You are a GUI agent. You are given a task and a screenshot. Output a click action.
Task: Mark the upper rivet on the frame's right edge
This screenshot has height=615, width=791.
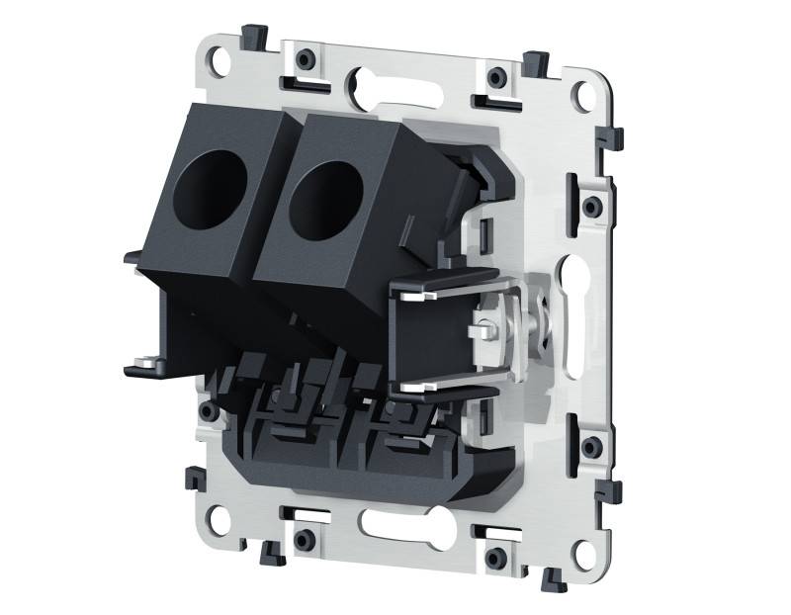(591, 207)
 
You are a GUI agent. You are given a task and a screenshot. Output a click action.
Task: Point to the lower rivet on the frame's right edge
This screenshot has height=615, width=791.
(590, 447)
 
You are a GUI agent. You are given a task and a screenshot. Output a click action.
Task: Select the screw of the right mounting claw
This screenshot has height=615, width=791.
(483, 324)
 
